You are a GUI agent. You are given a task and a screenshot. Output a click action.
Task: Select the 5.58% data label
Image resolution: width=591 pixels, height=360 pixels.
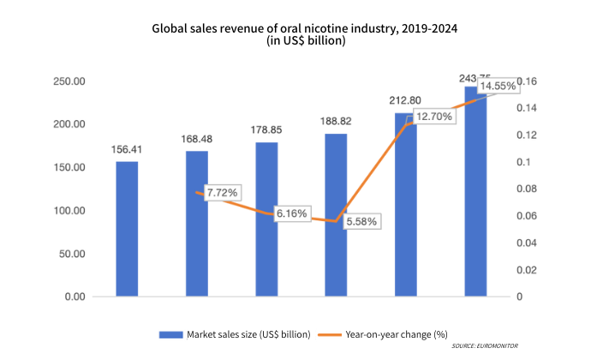coord(362,221)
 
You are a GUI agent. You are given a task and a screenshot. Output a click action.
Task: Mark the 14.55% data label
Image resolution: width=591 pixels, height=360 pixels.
coord(497,87)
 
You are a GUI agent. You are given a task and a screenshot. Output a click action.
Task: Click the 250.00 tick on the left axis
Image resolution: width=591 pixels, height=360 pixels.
coord(68,81)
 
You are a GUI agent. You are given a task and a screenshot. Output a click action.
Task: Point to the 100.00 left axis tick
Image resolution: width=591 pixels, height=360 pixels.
coord(68,211)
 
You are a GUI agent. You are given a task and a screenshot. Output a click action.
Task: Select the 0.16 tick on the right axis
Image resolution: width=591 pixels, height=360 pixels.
coord(527,81)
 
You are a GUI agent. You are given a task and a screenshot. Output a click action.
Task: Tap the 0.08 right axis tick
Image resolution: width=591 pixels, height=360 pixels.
coord(527,189)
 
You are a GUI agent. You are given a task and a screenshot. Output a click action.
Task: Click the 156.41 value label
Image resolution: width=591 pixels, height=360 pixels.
coord(127,150)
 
